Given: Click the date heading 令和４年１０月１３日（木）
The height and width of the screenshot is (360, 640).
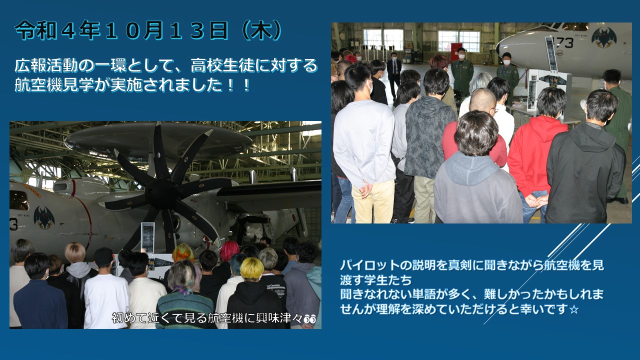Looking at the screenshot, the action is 148,30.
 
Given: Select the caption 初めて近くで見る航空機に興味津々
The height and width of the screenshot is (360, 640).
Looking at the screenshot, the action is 207,318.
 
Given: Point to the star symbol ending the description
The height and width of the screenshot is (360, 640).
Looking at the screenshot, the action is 574,309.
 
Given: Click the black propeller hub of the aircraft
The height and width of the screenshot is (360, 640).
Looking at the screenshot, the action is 160,193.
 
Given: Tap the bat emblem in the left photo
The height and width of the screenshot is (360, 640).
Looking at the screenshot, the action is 44,217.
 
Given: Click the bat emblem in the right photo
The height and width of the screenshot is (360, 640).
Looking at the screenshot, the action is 603,38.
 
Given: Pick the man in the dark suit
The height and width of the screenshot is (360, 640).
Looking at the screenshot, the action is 394,74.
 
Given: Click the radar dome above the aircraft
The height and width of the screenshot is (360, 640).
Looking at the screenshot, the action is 158,140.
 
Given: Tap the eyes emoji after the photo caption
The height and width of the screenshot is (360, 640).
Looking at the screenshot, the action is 309,319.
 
